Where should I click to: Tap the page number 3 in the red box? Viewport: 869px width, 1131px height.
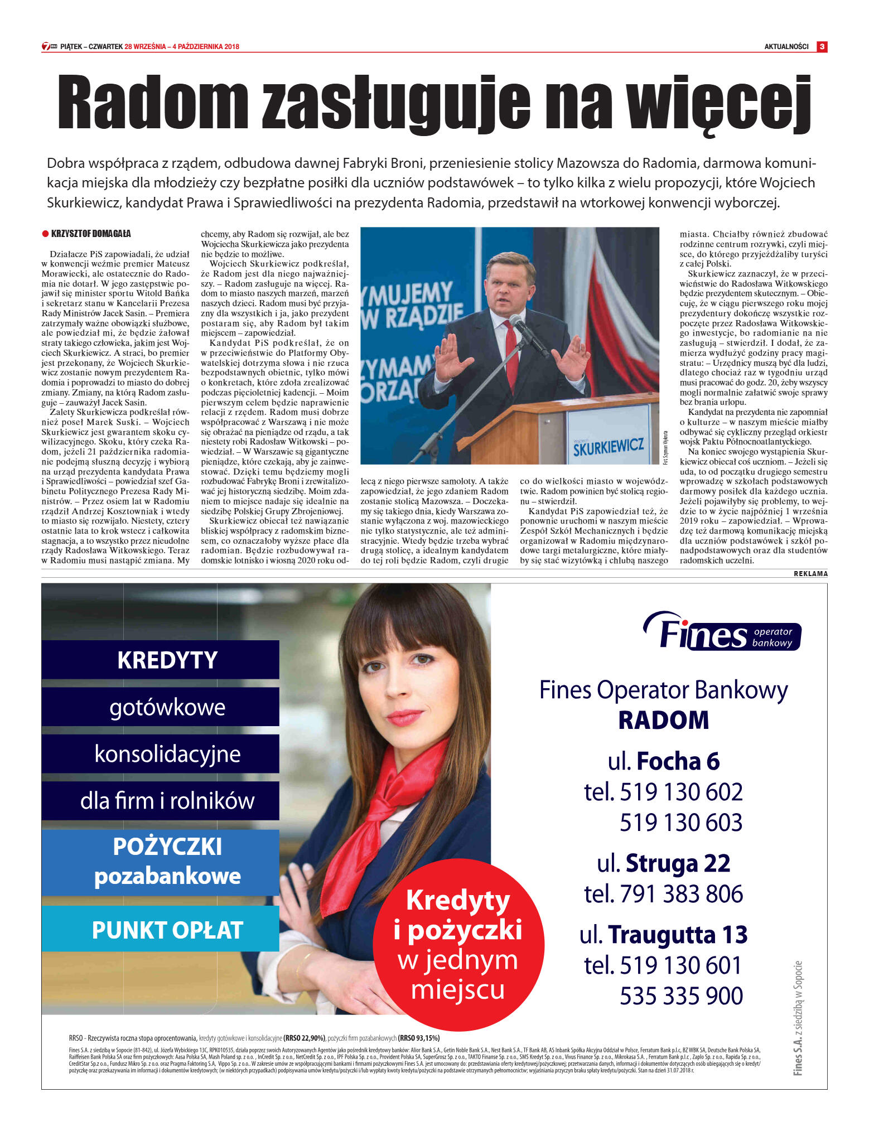[822, 47]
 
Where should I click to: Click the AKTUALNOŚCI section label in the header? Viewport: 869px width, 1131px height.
[786, 47]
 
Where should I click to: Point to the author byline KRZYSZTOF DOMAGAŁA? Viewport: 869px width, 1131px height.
[90, 234]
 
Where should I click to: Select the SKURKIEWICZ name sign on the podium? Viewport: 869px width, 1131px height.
[608, 446]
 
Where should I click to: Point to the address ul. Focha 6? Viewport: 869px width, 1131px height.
[664, 761]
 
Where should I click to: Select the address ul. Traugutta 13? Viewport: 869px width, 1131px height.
[664, 935]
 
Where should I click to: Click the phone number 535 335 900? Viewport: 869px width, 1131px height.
[681, 995]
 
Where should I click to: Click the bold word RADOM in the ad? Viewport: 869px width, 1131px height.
[664, 720]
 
